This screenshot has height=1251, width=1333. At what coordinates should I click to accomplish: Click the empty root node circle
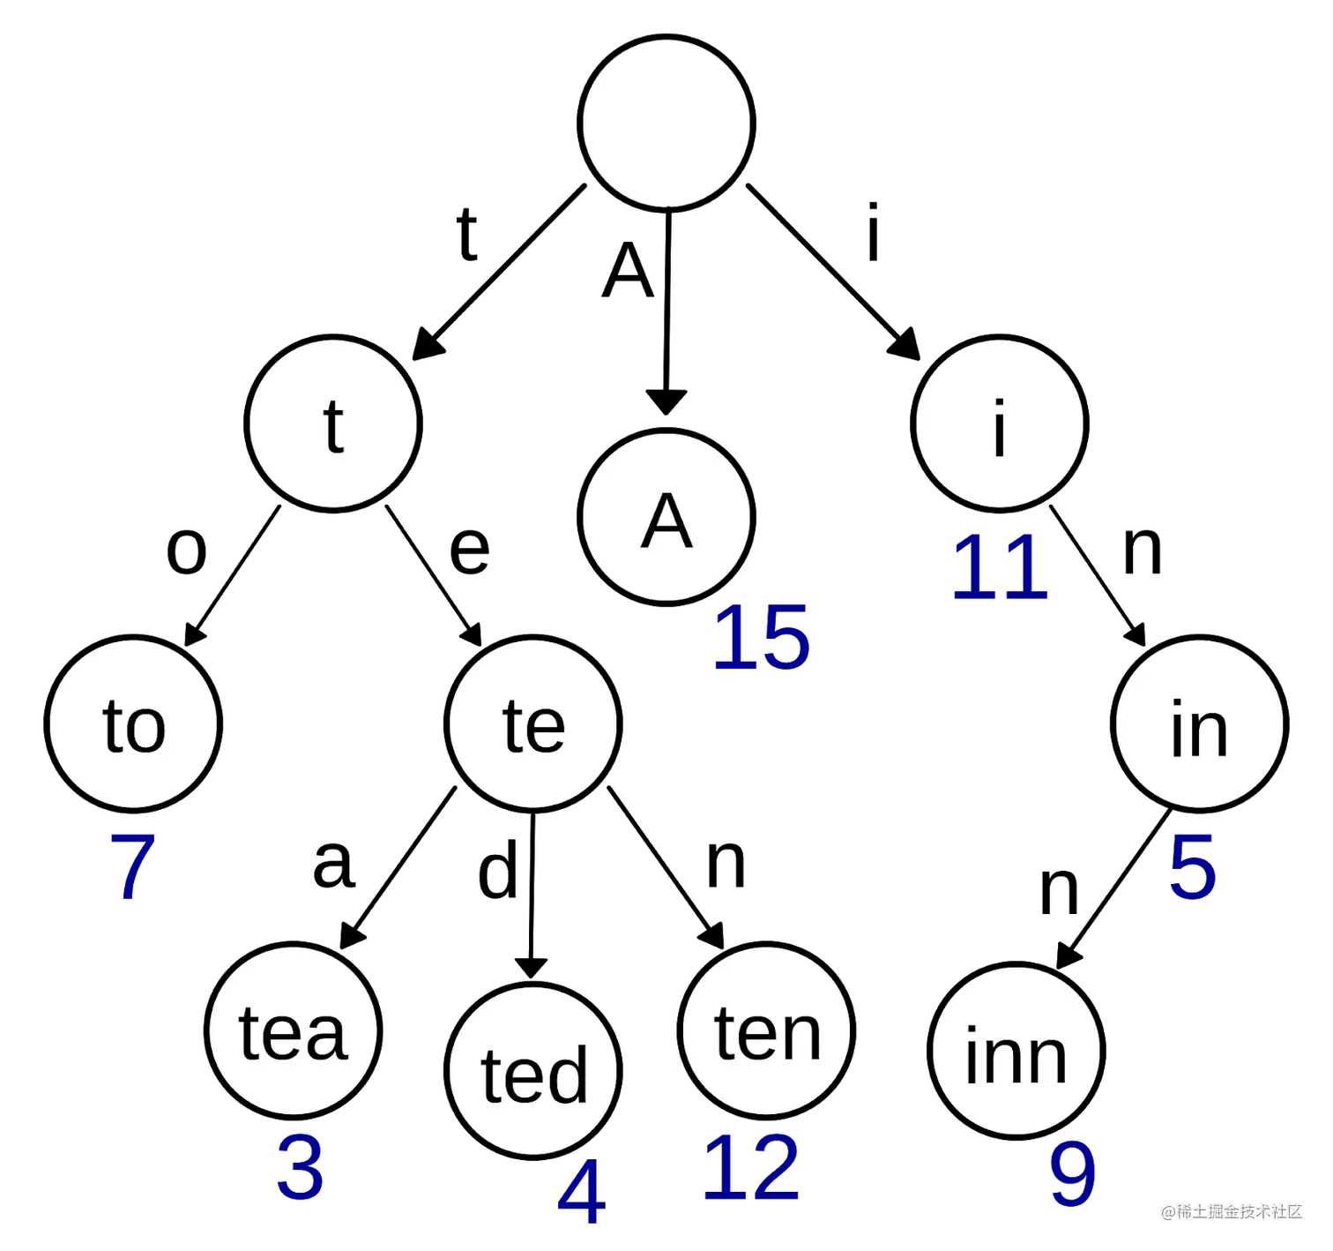click(666, 124)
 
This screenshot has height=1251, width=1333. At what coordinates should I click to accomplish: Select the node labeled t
click(333, 423)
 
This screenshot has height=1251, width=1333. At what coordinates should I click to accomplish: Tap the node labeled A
click(666, 518)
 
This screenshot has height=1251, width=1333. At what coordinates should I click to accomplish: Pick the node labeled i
click(1000, 423)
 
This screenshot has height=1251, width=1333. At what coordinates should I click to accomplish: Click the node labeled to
click(133, 723)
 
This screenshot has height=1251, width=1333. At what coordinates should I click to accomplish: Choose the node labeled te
click(532, 723)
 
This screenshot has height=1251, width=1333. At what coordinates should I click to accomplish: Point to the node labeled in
click(1199, 723)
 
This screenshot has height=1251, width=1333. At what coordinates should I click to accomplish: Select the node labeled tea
click(293, 1030)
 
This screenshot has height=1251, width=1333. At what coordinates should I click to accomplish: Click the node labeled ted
click(532, 1071)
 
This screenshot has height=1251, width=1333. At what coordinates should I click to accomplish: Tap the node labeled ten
click(766, 1030)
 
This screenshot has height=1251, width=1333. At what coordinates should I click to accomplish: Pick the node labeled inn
click(1016, 1051)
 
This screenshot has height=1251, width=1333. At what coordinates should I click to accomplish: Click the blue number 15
click(761, 639)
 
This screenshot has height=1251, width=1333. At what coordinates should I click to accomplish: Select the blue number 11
click(1001, 569)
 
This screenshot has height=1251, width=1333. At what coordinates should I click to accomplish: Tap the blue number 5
click(1193, 866)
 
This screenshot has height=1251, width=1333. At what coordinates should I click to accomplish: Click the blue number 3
click(300, 1169)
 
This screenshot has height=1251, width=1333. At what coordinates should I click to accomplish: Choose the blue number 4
click(580, 1193)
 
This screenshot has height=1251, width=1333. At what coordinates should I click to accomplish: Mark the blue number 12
click(752, 1169)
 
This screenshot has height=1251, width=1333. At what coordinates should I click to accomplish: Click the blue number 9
click(1072, 1175)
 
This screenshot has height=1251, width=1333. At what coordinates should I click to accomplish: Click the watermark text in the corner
click(1231, 1210)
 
